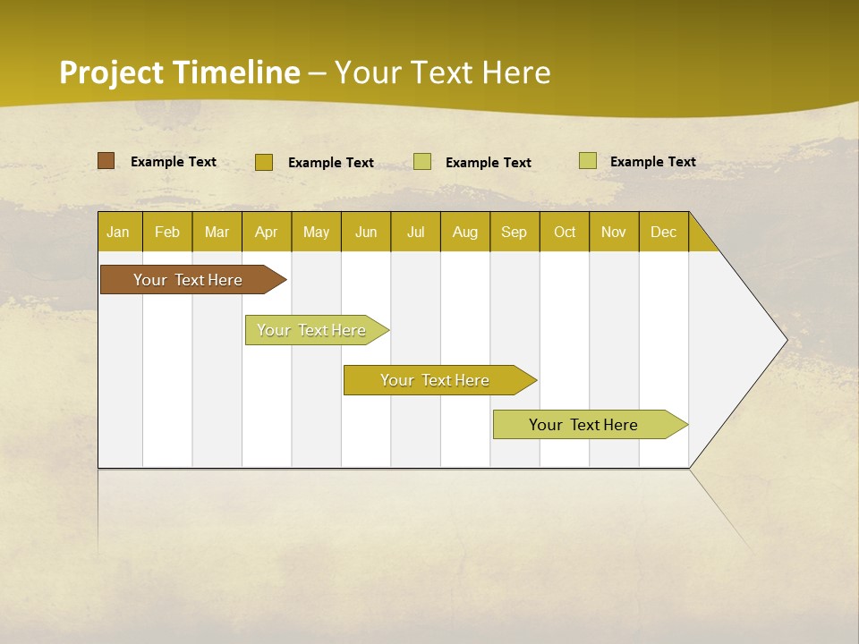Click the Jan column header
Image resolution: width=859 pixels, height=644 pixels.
pyautogui.click(x=118, y=232)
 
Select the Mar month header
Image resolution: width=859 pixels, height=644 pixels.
pyautogui.click(x=217, y=232)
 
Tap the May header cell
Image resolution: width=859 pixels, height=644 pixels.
pyautogui.click(x=316, y=232)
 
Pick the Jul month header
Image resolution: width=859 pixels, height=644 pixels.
pyautogui.click(x=415, y=232)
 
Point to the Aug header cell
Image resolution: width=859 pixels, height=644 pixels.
pyautogui.click(x=465, y=232)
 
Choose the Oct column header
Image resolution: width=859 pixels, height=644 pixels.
pyautogui.click(x=565, y=232)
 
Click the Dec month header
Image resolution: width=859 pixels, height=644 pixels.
pyautogui.click(x=663, y=232)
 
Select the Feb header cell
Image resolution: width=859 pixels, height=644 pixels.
pyautogui.click(x=167, y=232)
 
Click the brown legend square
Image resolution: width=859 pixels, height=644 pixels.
pyautogui.click(x=106, y=161)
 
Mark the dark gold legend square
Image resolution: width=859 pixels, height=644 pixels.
pyautogui.click(x=263, y=162)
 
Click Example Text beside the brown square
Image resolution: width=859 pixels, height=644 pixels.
pyautogui.click(x=174, y=162)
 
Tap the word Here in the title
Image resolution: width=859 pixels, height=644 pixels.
pyautogui.click(x=516, y=72)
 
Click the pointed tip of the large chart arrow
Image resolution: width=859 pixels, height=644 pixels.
pyautogui.click(x=785, y=340)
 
